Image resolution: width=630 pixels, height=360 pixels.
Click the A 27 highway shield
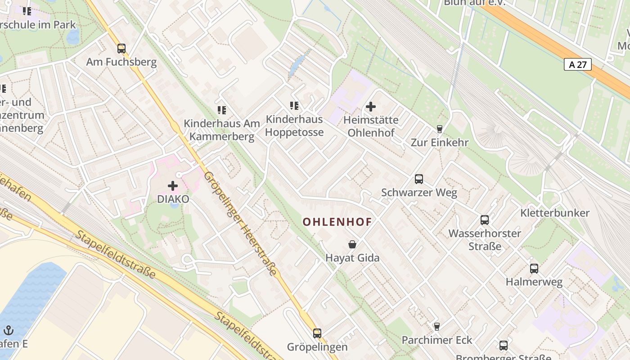(577, 64)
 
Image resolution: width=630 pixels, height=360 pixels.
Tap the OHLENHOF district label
(337, 222)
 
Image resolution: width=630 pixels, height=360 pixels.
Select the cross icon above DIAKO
(173, 185)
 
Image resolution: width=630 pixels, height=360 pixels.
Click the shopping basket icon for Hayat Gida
(352, 244)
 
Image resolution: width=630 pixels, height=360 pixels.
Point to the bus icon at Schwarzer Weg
(419, 179)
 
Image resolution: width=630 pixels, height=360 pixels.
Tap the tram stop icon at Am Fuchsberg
(121, 48)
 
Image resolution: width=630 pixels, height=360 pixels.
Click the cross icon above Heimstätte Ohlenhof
(371, 107)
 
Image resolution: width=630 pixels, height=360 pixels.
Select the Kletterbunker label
(554, 213)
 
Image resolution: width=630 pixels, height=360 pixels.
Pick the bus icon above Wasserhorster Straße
(485, 220)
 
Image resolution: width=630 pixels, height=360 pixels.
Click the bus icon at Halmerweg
(534, 268)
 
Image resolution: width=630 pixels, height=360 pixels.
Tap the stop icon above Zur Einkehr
(440, 129)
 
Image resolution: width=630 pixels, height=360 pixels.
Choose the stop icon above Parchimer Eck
(436, 326)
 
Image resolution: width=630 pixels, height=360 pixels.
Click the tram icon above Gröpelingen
(317, 333)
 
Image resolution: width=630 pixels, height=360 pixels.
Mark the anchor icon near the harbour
(9, 330)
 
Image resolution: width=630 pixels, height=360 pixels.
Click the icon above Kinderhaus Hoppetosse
(294, 106)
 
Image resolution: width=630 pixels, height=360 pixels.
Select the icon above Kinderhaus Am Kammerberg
(221, 110)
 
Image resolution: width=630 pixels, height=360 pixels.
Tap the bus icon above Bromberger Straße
(503, 345)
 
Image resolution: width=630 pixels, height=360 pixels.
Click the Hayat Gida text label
(352, 258)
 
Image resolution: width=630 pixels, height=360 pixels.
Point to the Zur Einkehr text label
(440, 142)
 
